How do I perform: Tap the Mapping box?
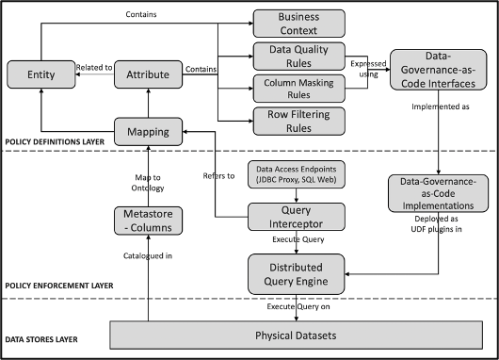click(147, 131)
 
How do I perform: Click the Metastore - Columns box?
click(147, 220)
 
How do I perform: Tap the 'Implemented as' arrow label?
click(439, 108)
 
